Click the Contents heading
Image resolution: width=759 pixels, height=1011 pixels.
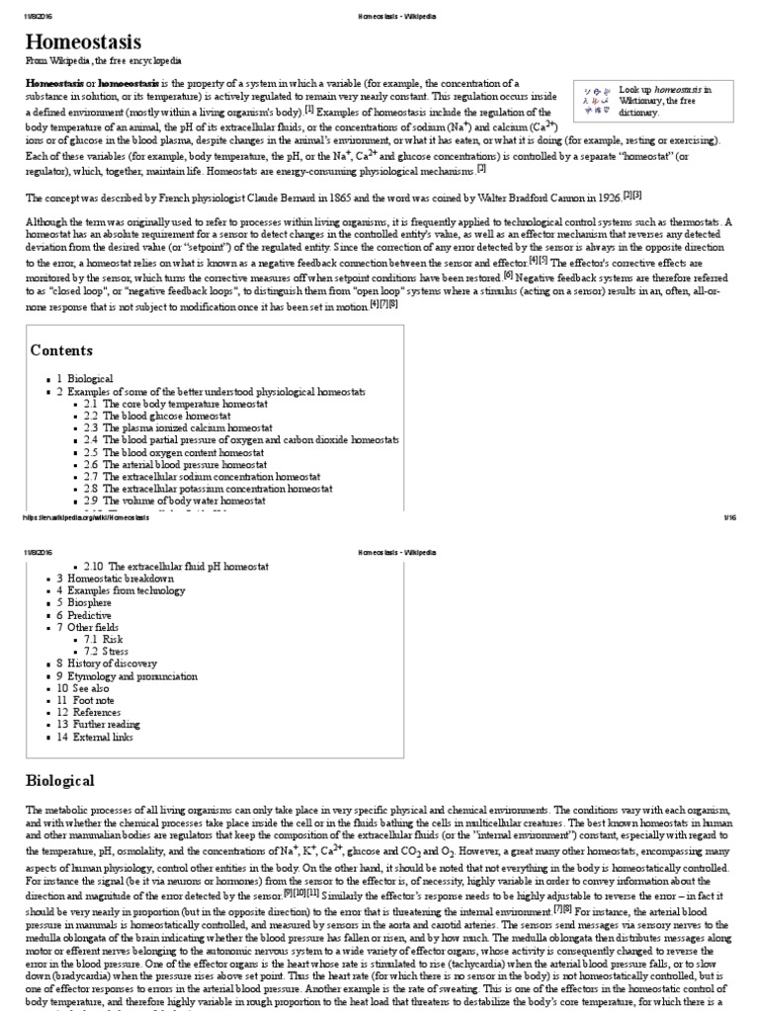point(61,350)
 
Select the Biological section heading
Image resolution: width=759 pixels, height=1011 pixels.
point(59,780)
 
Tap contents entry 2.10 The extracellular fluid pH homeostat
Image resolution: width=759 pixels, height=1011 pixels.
point(174,566)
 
